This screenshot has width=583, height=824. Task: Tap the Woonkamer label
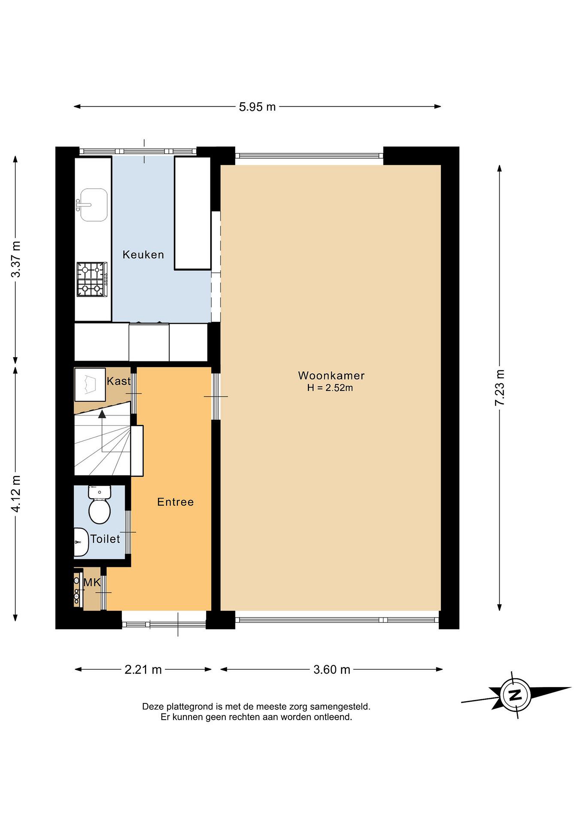click(x=331, y=375)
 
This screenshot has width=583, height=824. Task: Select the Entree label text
click(x=175, y=502)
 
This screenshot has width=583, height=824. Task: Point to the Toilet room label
click(x=105, y=539)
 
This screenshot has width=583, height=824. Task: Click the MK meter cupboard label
click(x=92, y=582)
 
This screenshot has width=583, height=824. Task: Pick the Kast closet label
click(x=118, y=381)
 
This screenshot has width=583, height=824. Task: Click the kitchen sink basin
click(x=93, y=205)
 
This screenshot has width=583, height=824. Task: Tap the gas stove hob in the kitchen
click(x=92, y=280)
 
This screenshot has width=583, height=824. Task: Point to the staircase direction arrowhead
click(x=102, y=415)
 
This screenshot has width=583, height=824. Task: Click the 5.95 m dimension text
click(x=257, y=107)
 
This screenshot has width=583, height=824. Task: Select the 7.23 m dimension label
click(x=500, y=388)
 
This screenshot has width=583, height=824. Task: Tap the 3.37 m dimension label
click(x=16, y=259)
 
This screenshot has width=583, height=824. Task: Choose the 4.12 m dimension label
click(x=16, y=494)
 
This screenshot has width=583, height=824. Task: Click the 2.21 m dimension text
click(x=143, y=670)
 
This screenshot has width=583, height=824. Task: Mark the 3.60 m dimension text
click(x=332, y=670)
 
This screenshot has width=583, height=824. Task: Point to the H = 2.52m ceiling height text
click(x=330, y=388)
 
